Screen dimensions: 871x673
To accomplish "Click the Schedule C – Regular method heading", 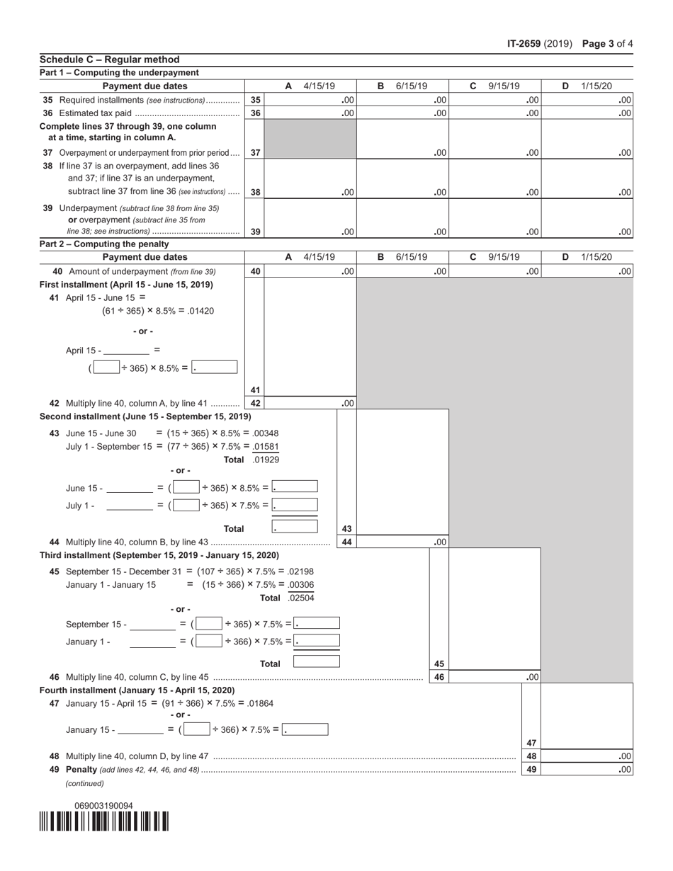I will (110, 59).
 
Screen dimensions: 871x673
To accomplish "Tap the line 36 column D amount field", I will (587, 113).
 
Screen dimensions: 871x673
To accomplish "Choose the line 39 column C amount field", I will (495, 231).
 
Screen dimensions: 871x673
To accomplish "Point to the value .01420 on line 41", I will (201, 311).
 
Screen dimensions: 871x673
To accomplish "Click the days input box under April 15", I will (106, 368).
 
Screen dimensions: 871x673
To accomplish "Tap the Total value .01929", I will (266, 460).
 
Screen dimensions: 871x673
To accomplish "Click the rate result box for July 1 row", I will (295, 505).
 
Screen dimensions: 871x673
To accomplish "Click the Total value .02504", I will (301, 598).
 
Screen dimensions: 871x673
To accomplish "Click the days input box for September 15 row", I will (209, 624).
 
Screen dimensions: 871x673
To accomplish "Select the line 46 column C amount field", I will (495, 677).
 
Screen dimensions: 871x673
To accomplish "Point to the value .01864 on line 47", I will (260, 703).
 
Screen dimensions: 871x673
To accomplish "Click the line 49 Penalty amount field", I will (587, 769).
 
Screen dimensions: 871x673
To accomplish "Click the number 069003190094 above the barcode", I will (103, 806).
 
